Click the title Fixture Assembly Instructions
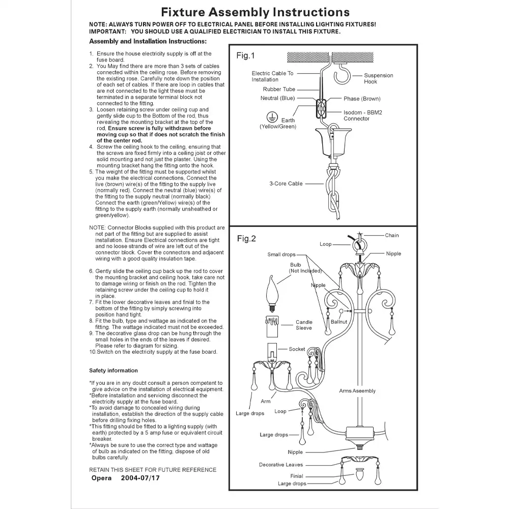[255, 12]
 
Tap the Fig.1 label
[245, 56]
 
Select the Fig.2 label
[246, 239]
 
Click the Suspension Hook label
[378, 78]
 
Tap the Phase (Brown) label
[362, 99]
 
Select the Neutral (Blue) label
[276, 98]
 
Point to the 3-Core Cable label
[286, 183]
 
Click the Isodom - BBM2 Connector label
[357, 116]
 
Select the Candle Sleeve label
[304, 325]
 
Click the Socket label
[297, 349]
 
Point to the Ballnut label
[339, 322]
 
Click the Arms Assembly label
[357, 391]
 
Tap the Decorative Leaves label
[280, 465]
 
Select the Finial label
[296, 476]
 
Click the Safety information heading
[114, 371]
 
